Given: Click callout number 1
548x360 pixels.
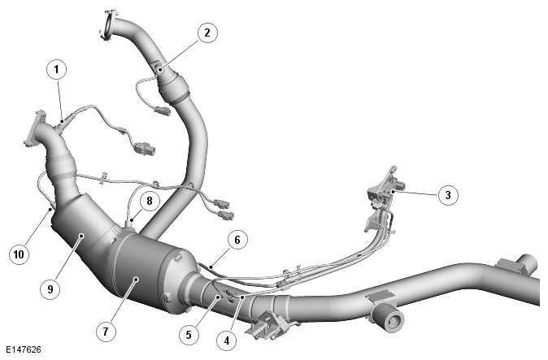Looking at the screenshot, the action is [x=56, y=70].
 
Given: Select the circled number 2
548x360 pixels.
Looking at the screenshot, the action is [x=207, y=33].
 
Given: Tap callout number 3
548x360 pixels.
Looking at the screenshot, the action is [x=448, y=195].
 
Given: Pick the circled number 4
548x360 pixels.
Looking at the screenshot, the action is [x=227, y=340].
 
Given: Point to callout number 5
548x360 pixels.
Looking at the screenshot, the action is [x=189, y=335].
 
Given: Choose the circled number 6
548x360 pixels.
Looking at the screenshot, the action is [x=237, y=240].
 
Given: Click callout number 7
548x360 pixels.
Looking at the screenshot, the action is [x=106, y=331].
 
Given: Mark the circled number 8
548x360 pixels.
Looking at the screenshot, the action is [x=150, y=201].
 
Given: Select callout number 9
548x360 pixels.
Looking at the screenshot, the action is [x=50, y=289].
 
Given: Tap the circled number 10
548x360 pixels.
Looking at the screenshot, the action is [x=19, y=254].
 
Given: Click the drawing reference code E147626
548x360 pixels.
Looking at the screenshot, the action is [x=24, y=349].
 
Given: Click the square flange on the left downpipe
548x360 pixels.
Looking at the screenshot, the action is [x=35, y=128].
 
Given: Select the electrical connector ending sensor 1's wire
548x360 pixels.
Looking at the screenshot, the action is [x=144, y=148].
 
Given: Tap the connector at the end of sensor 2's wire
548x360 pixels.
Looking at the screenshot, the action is [x=162, y=111].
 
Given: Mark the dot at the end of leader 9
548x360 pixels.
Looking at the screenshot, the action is [x=81, y=236].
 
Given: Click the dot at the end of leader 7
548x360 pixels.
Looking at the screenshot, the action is [x=137, y=279].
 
